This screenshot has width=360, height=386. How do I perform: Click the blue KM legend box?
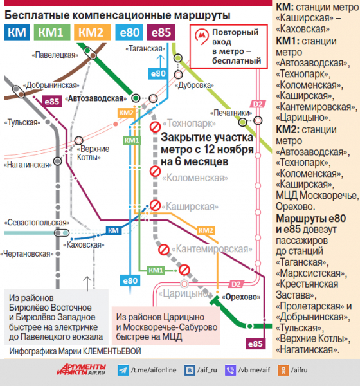pos(17,32)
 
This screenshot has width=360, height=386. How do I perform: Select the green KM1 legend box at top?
pos(52,32)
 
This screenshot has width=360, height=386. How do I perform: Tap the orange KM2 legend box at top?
pos(92,32)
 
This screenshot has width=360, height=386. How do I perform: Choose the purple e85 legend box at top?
pos(161,32)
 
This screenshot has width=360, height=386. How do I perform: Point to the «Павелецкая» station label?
pos(55,55)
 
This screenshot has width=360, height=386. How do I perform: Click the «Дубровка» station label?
pos(194,86)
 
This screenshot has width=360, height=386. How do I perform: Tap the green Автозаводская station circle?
pos(136,98)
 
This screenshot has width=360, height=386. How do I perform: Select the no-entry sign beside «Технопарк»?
pos(156,127)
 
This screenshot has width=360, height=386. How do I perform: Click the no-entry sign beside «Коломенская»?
pos(156,171)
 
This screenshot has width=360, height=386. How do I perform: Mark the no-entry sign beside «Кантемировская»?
pos(164,250)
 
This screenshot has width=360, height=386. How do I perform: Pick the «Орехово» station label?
pos(241,297)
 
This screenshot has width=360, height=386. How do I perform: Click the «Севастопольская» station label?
pos(37,223)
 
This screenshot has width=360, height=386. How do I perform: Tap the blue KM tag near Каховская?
pos(113,230)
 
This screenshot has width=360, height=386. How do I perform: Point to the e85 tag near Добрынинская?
pos(52,101)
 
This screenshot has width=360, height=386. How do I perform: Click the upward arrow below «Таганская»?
pos(161,61)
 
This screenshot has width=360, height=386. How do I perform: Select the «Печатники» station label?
pos(231,113)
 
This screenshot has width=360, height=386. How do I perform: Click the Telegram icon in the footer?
pos(123,371)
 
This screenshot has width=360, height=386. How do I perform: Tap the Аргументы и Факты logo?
pos(81,369)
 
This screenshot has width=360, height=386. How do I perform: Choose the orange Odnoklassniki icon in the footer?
pos(283,371)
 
